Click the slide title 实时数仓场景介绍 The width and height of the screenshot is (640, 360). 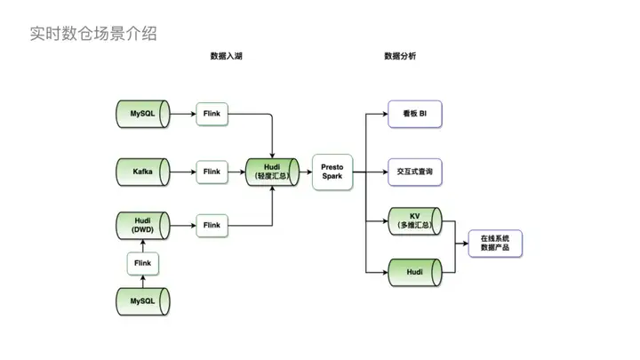(x=93, y=34)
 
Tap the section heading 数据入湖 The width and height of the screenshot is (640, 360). (x=227, y=56)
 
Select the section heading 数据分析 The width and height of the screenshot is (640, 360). (x=400, y=56)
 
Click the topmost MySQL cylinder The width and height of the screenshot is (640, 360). (x=142, y=114)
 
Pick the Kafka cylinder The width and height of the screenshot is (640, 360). (x=142, y=171)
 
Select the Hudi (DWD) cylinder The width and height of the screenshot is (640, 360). (x=142, y=226)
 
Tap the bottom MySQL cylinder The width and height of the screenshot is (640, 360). (x=142, y=301)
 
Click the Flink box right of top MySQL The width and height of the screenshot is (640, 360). (x=212, y=114)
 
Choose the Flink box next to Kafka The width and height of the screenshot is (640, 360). (x=212, y=171)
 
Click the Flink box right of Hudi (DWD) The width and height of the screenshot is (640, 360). (x=212, y=226)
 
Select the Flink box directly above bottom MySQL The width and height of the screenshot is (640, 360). (x=142, y=263)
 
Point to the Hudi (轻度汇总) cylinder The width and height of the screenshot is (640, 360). (x=273, y=171)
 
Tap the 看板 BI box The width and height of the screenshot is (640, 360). (x=414, y=114)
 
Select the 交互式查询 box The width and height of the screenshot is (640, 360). (x=414, y=171)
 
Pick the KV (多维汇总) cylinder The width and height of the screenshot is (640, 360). (x=414, y=220)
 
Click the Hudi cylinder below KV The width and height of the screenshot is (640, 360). (x=414, y=271)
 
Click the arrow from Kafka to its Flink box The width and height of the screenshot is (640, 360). (x=183, y=171)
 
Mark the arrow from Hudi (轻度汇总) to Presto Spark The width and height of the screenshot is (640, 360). (x=306, y=171)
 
